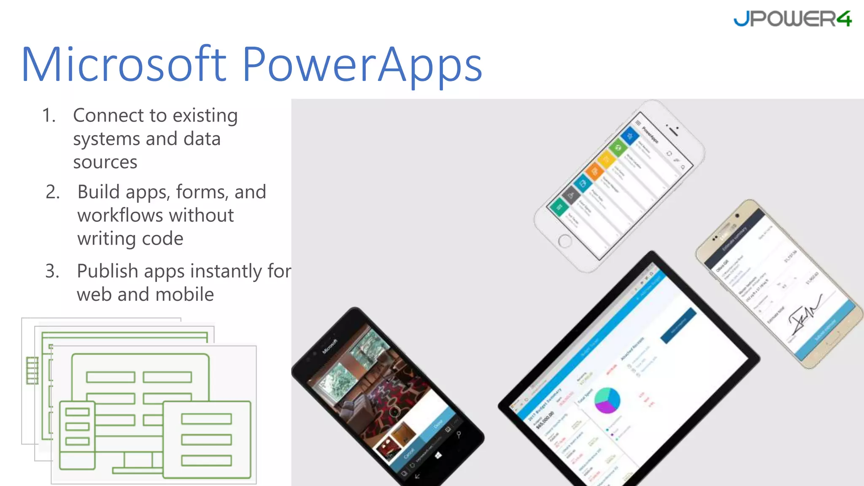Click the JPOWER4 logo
[x=792, y=19]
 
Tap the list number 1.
[x=49, y=116]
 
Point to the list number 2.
[x=53, y=192]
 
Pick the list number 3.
[x=52, y=271]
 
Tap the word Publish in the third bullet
[x=107, y=272]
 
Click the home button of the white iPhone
[x=564, y=241]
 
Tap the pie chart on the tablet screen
[x=607, y=400]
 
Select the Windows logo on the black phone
[x=438, y=455]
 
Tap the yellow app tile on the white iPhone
[x=606, y=160]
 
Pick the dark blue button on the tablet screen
[x=678, y=325]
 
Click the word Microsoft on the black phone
[x=329, y=346]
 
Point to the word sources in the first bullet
[x=105, y=162]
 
